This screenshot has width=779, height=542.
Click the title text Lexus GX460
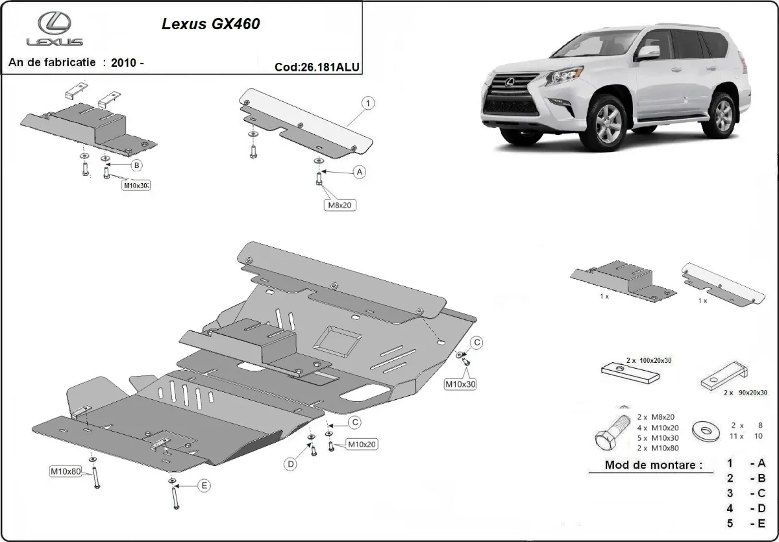coord(210,25)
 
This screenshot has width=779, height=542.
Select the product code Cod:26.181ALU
coord(317,66)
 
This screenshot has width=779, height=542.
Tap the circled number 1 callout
coord(367,103)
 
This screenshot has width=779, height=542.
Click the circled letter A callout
coord(358,172)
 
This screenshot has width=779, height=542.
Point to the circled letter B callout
coord(136,166)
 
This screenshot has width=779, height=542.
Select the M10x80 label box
coord(66,471)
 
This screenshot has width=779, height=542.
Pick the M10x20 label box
coord(362,445)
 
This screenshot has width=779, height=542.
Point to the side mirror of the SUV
coord(647,53)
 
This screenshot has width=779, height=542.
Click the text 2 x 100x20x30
coord(650,359)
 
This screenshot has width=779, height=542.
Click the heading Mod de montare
coord(653,465)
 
